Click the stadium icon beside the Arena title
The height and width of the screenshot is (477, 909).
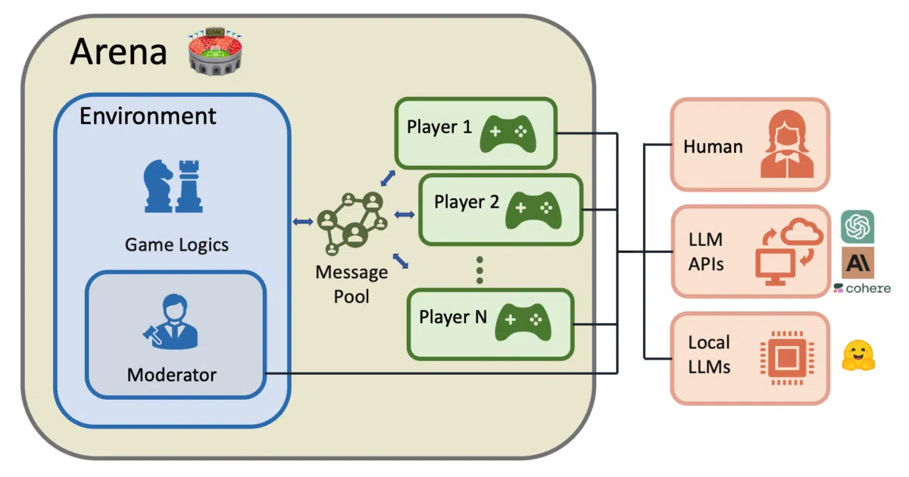click(215, 52)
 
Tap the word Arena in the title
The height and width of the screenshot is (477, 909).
click(118, 52)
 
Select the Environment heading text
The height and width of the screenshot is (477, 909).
click(148, 116)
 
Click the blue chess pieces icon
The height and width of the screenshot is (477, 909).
click(173, 186)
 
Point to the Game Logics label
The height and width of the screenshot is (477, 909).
click(176, 245)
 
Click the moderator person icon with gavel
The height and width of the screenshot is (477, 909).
click(171, 322)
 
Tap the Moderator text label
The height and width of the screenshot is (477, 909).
click(172, 375)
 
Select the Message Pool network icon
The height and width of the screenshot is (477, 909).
click(352, 223)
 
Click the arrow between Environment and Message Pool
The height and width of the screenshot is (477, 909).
click(303, 221)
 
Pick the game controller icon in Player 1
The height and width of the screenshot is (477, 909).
click(508, 134)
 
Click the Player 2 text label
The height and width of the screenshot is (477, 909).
click(467, 202)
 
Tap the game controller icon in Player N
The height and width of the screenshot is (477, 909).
click(523, 322)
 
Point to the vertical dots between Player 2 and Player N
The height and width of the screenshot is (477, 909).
click(479, 270)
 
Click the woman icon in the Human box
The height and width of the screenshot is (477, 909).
click(787, 144)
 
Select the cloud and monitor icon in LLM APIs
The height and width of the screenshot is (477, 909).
click(789, 251)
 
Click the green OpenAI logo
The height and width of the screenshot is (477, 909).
click(857, 226)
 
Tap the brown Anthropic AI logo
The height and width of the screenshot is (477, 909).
click(857, 263)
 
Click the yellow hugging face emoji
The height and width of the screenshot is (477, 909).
click(858, 355)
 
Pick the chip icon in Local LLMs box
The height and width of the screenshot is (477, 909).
click(787, 357)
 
